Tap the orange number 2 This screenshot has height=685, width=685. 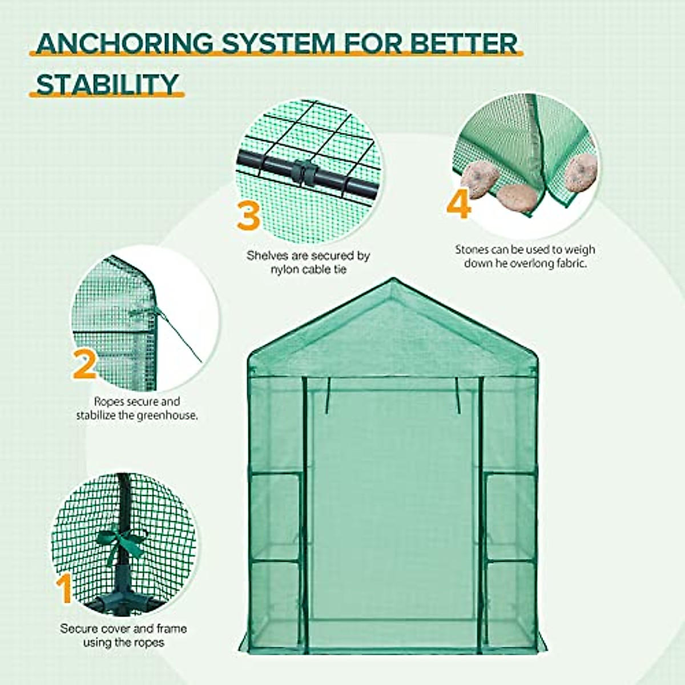coord(85,365)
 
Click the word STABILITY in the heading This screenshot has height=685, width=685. coord(107,84)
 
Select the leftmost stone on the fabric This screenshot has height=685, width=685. coord(478,177)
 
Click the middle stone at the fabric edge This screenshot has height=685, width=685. coord(517,198)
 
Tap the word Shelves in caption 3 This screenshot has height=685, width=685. coord(268,256)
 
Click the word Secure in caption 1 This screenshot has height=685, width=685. coord(79,628)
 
